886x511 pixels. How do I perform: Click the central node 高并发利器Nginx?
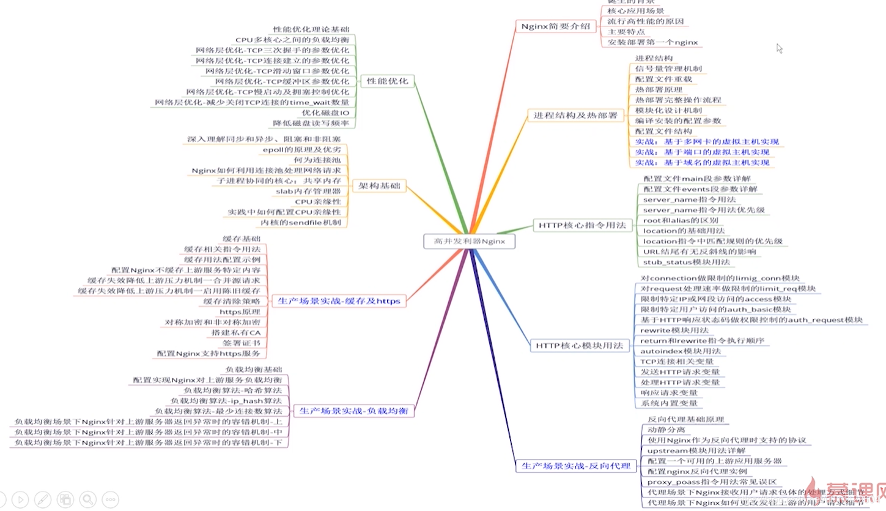(x=469, y=242)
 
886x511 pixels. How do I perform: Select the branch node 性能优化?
(x=387, y=81)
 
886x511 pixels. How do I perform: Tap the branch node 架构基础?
(x=379, y=186)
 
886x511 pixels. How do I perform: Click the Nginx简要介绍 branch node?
(x=555, y=26)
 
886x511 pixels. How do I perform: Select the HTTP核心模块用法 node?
(x=579, y=346)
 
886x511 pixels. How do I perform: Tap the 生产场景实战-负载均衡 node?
(x=354, y=411)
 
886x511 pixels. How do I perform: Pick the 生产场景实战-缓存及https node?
(x=339, y=301)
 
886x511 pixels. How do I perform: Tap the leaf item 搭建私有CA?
(x=236, y=332)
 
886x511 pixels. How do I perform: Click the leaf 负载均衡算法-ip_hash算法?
(x=226, y=400)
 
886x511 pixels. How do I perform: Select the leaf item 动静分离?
(x=666, y=430)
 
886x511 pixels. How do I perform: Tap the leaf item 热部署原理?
(x=659, y=89)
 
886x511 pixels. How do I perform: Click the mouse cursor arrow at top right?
(x=780, y=48)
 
